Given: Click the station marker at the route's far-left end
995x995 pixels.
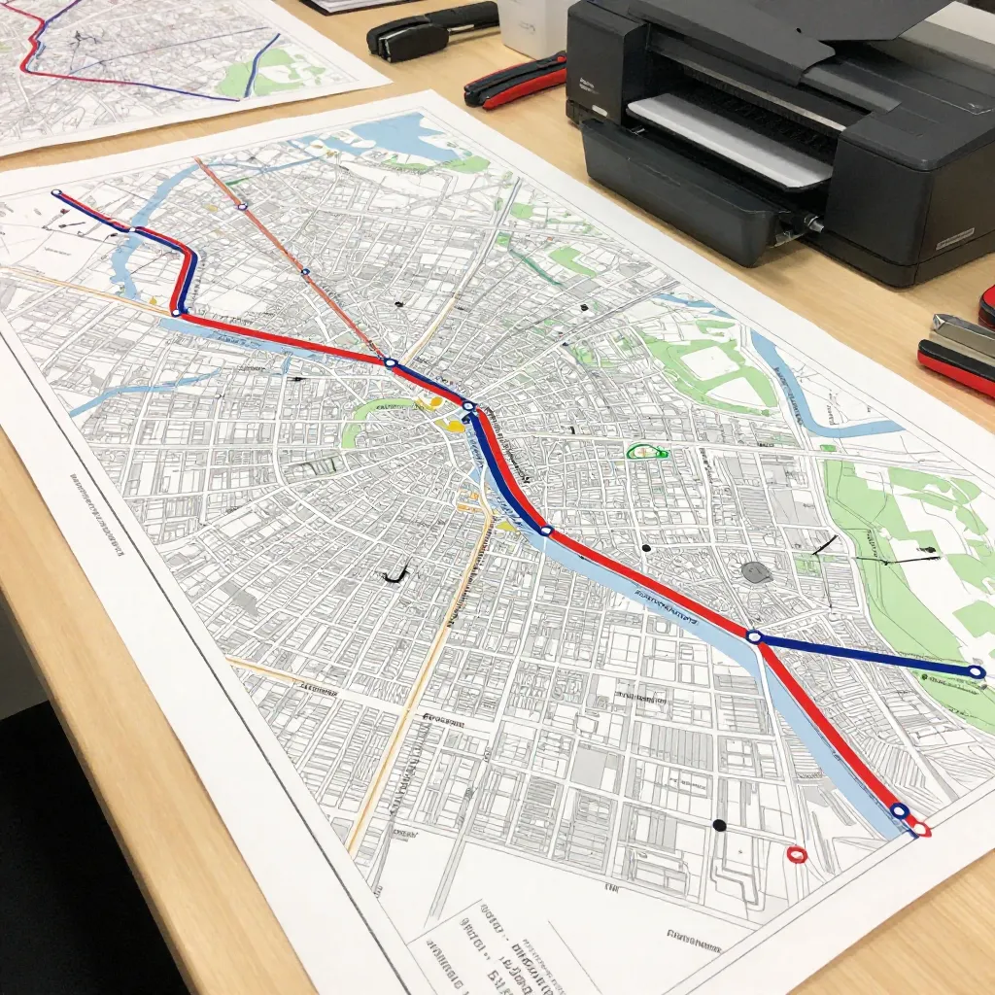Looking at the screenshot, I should click(56, 194).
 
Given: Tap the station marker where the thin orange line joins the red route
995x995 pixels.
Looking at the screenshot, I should click(391, 362).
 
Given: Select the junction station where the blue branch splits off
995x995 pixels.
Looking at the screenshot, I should click(753, 636).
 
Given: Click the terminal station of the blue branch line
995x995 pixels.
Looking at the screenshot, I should click(977, 671).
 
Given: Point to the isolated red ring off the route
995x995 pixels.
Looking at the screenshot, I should click(797, 854).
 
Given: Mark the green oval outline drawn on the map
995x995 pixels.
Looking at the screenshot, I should click(646, 451).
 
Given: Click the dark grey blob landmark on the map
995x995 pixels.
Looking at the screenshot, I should click(756, 572).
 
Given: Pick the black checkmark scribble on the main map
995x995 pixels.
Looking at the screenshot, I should click(396, 575).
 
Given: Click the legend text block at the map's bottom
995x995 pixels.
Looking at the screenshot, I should click(505, 947).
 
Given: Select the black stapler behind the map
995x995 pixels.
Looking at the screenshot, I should click(430, 28).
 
